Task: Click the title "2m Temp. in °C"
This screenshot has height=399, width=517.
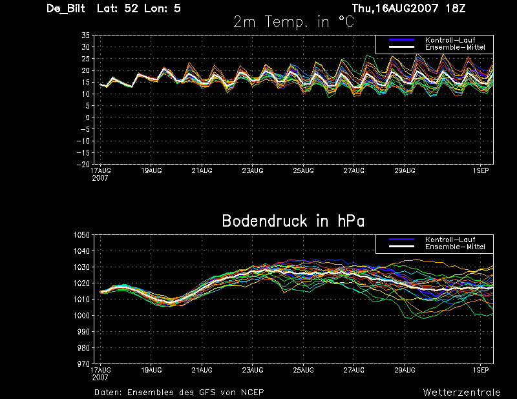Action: click(294, 22)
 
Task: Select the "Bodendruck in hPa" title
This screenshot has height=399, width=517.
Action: click(293, 221)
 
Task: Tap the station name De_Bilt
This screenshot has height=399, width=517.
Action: click(66, 8)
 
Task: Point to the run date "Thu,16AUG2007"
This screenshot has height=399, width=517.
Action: click(396, 8)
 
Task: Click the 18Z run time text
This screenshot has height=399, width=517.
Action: click(456, 8)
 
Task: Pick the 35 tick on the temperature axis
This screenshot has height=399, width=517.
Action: click(85, 36)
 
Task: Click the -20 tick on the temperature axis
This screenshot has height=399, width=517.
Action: click(83, 164)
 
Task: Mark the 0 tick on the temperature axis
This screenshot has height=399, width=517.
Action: click(87, 118)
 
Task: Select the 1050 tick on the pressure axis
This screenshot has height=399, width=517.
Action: click(82, 235)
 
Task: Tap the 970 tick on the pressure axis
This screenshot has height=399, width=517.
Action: click(83, 363)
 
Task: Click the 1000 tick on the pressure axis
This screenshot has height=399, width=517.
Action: click(82, 315)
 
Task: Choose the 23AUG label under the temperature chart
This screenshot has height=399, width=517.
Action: click(253, 170)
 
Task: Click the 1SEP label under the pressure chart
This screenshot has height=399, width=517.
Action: click(481, 370)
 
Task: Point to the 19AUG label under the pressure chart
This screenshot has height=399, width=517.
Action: click(151, 370)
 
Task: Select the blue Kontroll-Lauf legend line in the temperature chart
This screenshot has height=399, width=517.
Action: click(401, 40)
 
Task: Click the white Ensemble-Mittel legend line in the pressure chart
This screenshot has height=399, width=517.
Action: click(401, 247)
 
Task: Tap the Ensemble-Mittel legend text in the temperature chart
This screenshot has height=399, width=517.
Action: click(455, 47)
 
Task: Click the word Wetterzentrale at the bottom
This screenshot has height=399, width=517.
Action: click(462, 392)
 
